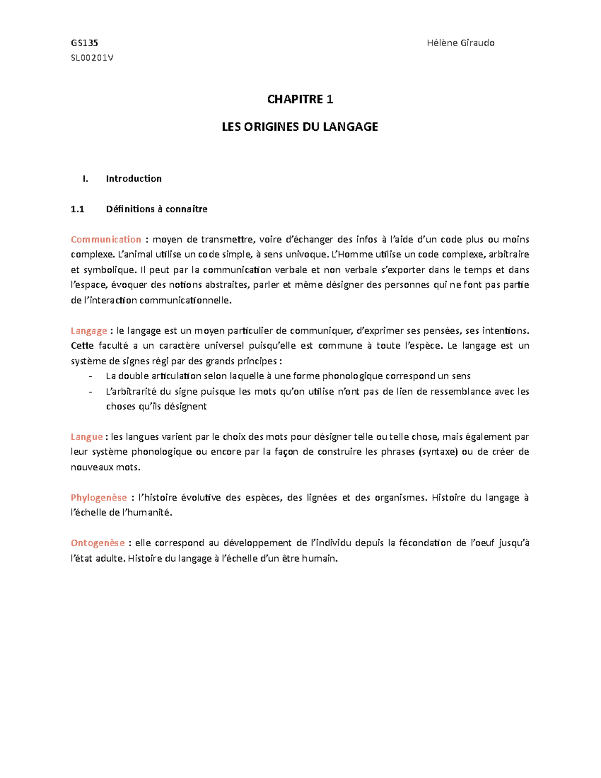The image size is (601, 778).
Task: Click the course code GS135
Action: (84, 43)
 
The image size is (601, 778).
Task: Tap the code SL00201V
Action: (92, 58)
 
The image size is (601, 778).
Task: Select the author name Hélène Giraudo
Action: (460, 43)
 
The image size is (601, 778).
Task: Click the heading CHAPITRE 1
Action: (300, 99)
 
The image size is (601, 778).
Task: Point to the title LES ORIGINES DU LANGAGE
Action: (300, 127)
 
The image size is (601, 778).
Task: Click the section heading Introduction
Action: (134, 179)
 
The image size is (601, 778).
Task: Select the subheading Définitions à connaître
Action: (156, 209)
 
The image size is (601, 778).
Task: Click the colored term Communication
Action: (106, 239)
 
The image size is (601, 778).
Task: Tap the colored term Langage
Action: (89, 331)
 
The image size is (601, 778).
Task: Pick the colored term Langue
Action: (87, 437)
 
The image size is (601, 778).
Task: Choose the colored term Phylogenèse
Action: (99, 497)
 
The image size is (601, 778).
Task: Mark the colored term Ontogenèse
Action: (98, 543)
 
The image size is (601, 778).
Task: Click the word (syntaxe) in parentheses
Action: (438, 452)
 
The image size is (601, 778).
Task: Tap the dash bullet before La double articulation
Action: (90, 376)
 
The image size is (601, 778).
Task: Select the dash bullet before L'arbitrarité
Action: (90, 392)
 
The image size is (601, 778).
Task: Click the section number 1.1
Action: (78, 209)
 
